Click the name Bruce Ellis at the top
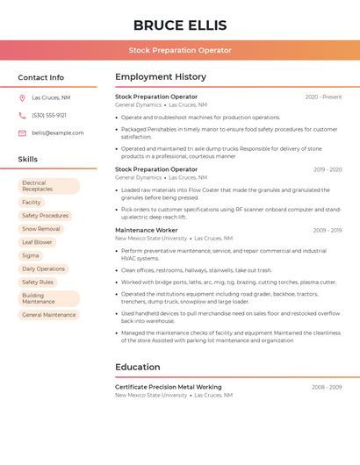point(179,25)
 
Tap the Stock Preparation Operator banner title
point(180,50)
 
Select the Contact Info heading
point(41,77)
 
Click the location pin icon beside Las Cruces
point(22,97)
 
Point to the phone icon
point(22,115)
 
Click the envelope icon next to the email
point(22,132)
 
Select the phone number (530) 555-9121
point(49,115)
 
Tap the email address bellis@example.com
point(58,132)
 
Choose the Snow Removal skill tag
point(40,228)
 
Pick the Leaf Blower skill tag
point(37,241)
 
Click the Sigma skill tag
point(31,255)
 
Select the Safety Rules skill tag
point(38,283)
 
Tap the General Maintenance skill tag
point(49,314)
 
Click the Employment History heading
point(161,77)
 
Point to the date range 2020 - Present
point(323,97)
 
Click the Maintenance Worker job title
point(146,230)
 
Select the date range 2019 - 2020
point(327,169)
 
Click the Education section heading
point(137,367)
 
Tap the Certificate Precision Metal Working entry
point(168,387)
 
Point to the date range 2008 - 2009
point(327,387)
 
